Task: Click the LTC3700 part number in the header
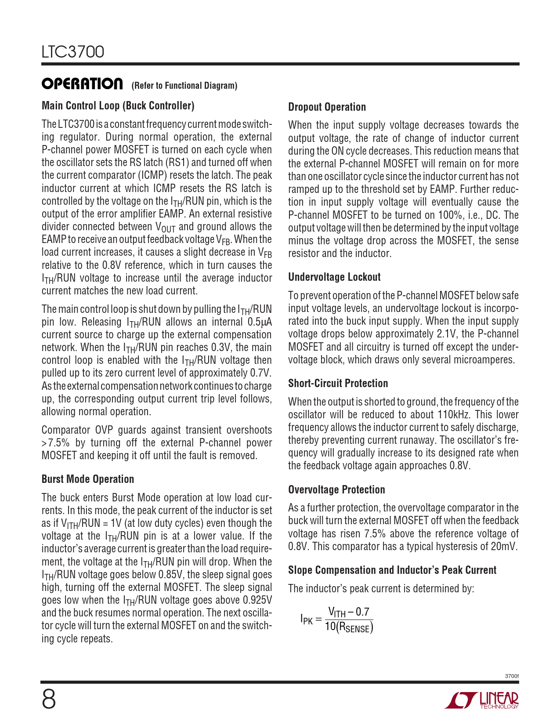click(x=73, y=52)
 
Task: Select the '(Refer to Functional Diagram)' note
click(x=184, y=86)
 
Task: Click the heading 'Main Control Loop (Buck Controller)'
click(x=118, y=106)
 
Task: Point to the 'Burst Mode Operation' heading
click(x=88, y=479)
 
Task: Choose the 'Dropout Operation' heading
click(x=327, y=107)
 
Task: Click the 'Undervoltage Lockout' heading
click(x=334, y=277)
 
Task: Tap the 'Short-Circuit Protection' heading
click(x=338, y=384)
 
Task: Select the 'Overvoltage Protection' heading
click(x=336, y=490)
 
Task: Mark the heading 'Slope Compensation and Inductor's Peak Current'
click(x=392, y=570)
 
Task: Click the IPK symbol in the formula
click(x=307, y=620)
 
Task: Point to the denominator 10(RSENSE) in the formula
click(x=349, y=627)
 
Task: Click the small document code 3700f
click(x=512, y=676)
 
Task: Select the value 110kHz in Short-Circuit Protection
click(x=454, y=415)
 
